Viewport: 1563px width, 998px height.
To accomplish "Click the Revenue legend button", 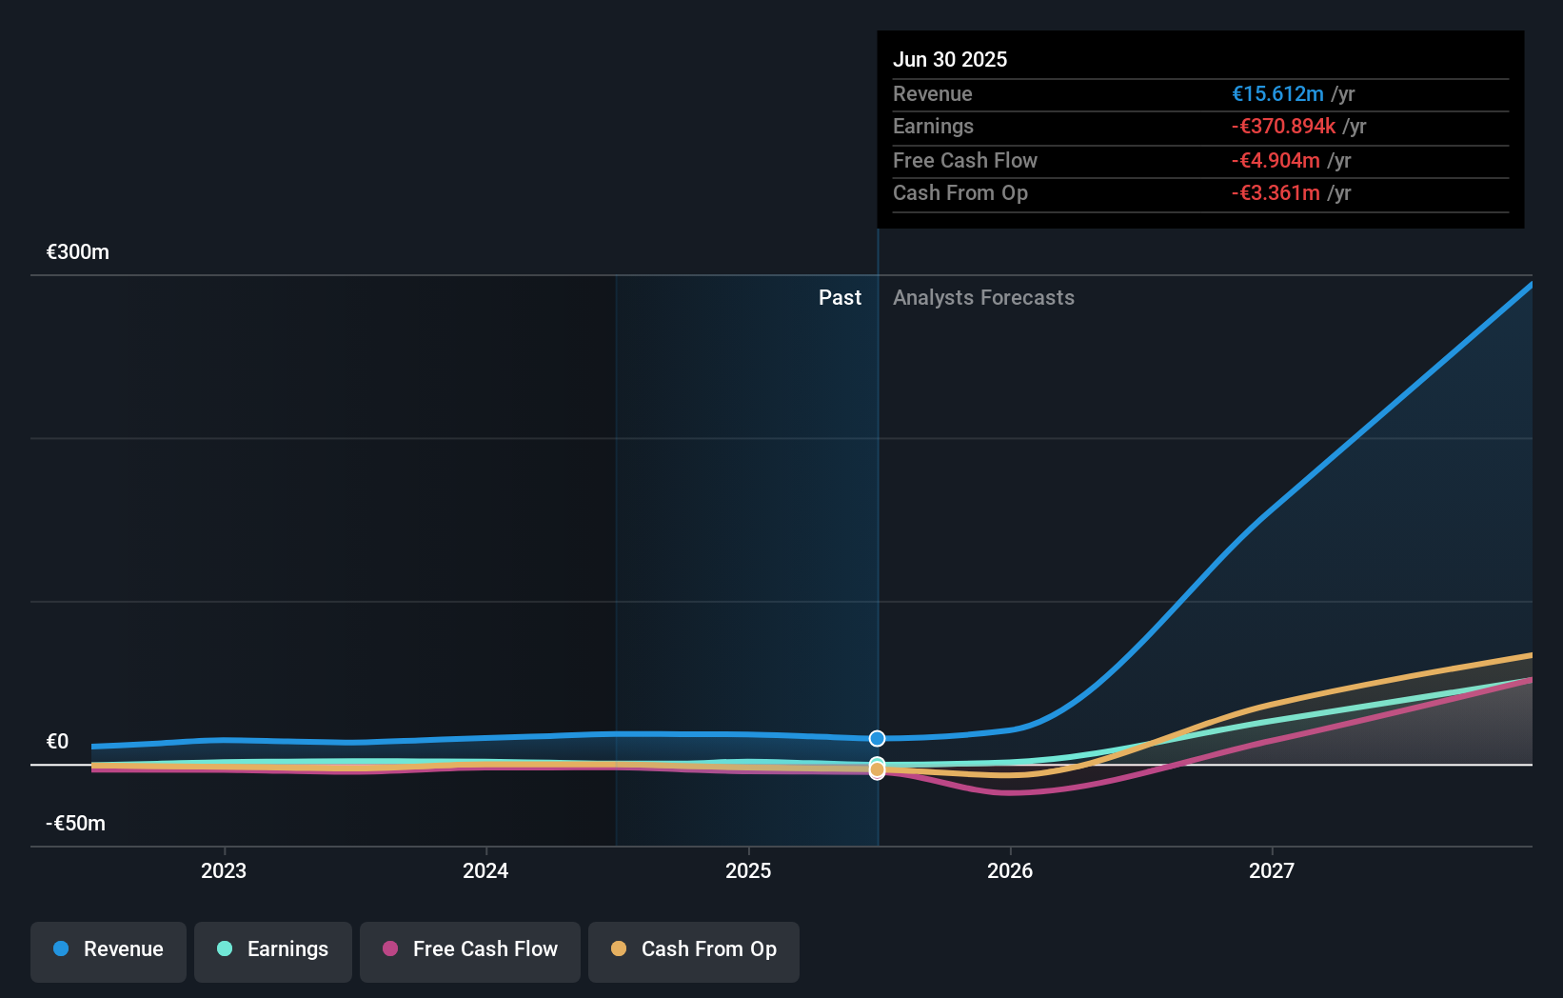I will [x=109, y=950].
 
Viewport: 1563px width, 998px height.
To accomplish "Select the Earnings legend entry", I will [x=273, y=950].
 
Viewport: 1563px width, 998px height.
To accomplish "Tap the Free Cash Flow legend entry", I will [x=470, y=950].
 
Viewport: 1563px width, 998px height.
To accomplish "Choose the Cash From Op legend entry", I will [x=694, y=950].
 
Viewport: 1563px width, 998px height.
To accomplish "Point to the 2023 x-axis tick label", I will [x=224, y=871].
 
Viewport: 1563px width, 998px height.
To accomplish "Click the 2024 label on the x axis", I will [x=485, y=871].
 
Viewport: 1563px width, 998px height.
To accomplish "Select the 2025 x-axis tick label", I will [x=748, y=871].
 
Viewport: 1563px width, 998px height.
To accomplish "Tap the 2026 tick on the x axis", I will [x=1010, y=871].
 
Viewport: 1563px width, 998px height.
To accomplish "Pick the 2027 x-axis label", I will [x=1272, y=871].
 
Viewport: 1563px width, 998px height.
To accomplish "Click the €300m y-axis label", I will [x=78, y=252].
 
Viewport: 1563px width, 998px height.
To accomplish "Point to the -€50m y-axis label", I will [x=76, y=824].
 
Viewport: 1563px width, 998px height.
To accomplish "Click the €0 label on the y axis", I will [x=57, y=742].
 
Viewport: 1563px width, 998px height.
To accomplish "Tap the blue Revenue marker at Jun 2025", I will [x=877, y=739].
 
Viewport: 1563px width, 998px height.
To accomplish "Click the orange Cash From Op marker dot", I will [x=877, y=769].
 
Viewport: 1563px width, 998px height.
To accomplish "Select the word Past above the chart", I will [x=840, y=298].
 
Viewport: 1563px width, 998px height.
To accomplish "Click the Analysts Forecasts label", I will [x=983, y=298].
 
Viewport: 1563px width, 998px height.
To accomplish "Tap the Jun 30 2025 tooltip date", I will [x=950, y=60].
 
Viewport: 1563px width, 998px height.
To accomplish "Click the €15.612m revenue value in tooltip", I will [x=1277, y=94].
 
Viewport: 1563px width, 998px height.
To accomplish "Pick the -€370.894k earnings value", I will [x=1283, y=127].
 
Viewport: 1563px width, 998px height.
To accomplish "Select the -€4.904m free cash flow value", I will [x=1276, y=161].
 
